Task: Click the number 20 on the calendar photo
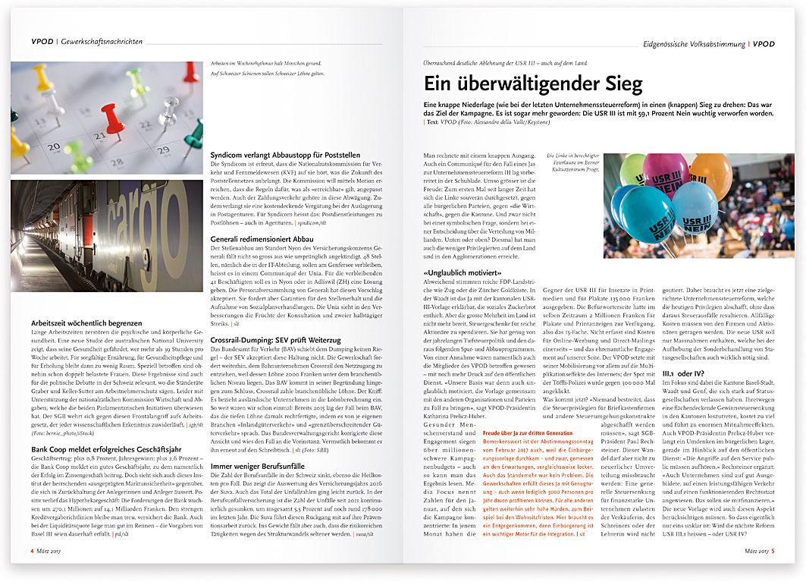(55, 146)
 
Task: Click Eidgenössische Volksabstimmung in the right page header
(693, 44)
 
